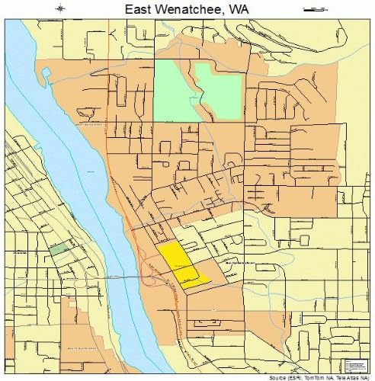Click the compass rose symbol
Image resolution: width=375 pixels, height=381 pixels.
click(61, 9)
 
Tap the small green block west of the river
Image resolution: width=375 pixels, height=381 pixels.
click(58, 248)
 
